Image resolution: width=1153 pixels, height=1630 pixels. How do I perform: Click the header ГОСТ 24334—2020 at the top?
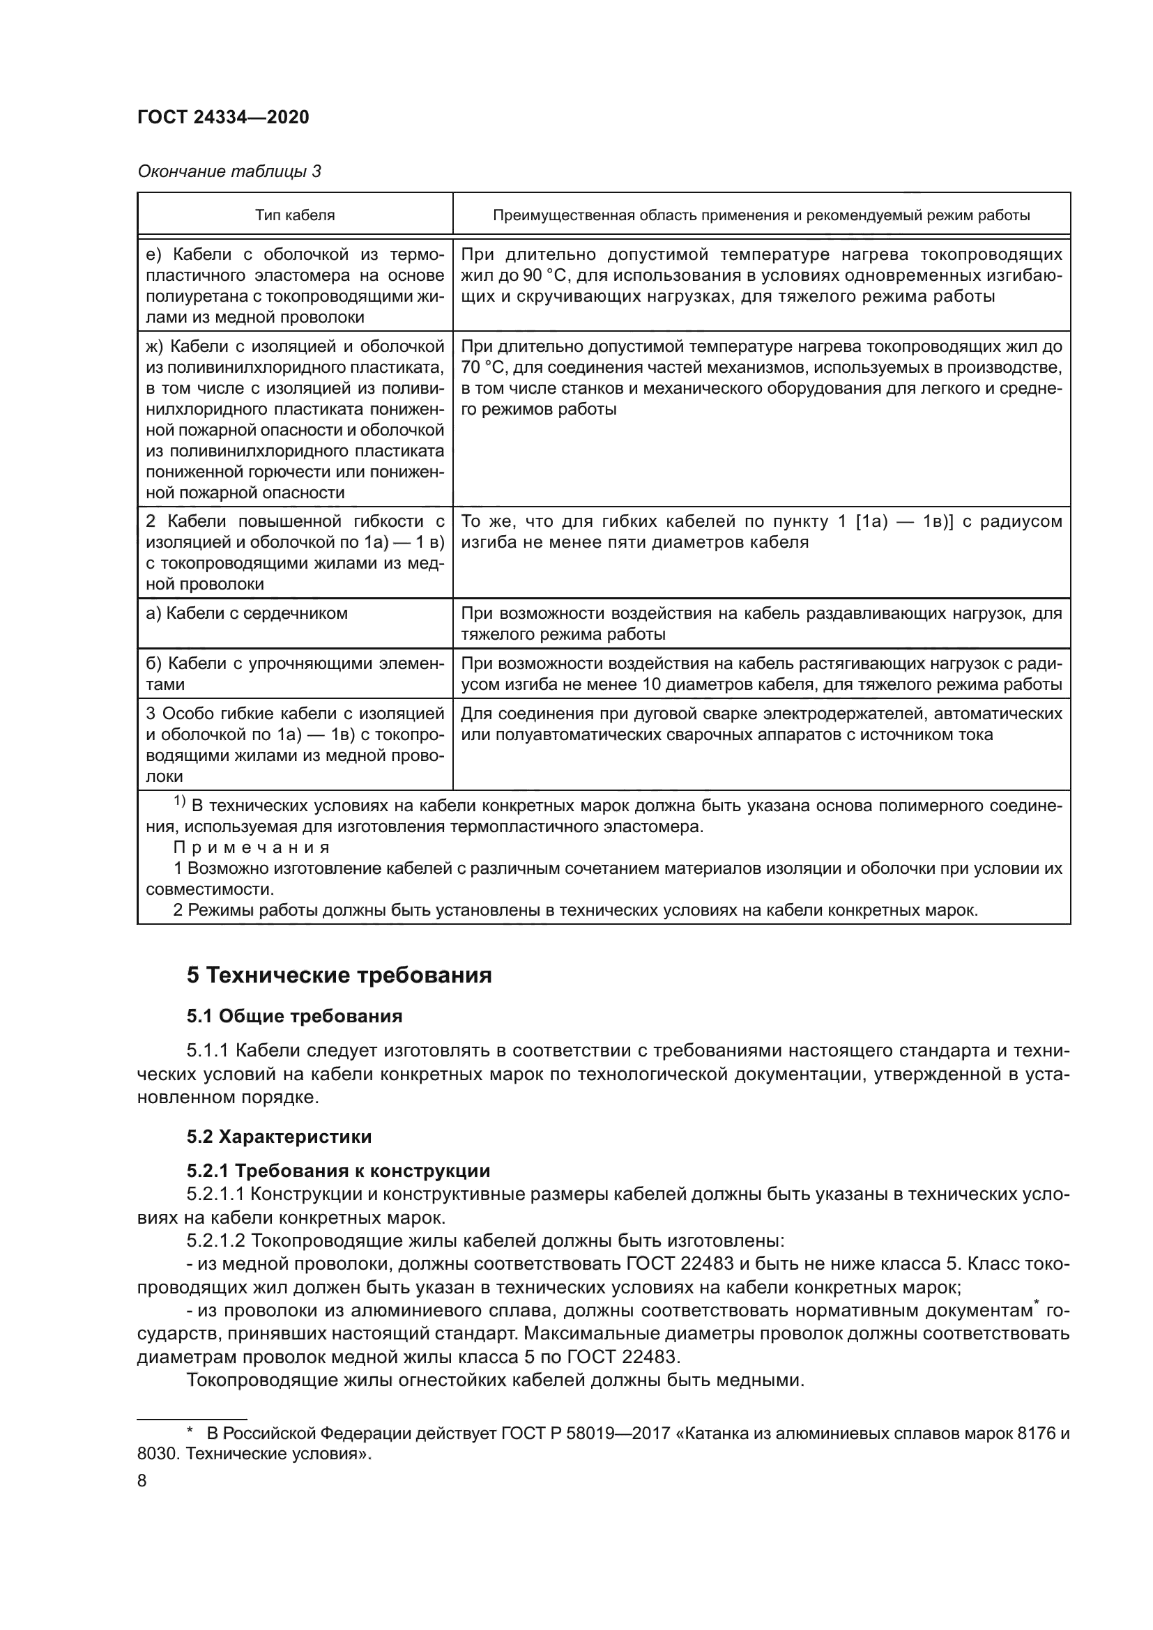coord(223,118)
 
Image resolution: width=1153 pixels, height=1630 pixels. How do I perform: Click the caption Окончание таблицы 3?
coord(229,171)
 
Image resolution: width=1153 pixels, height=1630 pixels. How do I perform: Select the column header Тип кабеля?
coord(295,215)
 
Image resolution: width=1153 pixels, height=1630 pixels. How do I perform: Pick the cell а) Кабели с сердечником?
coord(246,613)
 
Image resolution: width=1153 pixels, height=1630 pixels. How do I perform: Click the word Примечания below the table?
coord(252,847)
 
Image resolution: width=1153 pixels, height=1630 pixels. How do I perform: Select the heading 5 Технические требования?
coord(339,976)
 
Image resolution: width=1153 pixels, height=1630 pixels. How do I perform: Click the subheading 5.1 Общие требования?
coord(294,1017)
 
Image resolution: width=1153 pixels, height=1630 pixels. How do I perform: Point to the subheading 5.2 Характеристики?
coord(279,1137)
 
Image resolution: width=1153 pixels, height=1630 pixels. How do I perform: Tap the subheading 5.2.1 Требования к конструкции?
coord(338,1171)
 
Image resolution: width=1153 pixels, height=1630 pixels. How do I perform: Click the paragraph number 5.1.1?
coord(207,1051)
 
